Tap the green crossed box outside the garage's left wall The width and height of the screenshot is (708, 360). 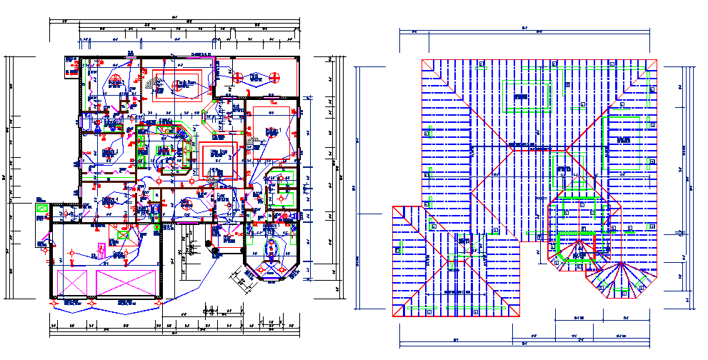41,208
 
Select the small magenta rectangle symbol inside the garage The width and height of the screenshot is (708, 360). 101,250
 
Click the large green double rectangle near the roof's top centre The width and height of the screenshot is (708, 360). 528,96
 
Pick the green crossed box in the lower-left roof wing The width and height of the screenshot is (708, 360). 429,311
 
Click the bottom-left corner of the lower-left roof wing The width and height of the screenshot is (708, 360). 392,316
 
